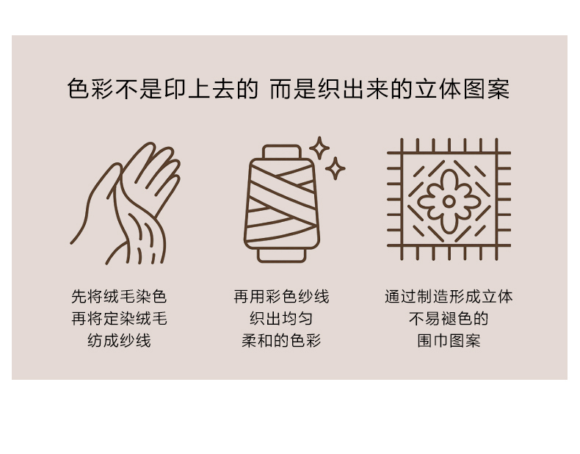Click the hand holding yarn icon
pyautogui.click(x=126, y=203)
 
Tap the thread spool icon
pyautogui.click(x=282, y=203)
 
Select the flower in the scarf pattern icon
pyautogui.click(x=449, y=201)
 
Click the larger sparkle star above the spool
pyautogui.click(x=319, y=148)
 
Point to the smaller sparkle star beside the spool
pyautogui.click(x=335, y=169)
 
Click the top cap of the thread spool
pyautogui.click(x=282, y=152)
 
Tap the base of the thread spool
pyautogui.click(x=282, y=256)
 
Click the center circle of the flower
pyautogui.click(x=449, y=201)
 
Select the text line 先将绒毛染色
pyautogui.click(x=119, y=296)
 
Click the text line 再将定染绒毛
pyautogui.click(x=119, y=319)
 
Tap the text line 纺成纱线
pyautogui.click(x=119, y=341)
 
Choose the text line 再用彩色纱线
pyautogui.click(x=281, y=296)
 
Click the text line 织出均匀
pyautogui.click(x=281, y=319)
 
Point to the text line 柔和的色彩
pyautogui.click(x=281, y=341)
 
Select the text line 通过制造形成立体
pyautogui.click(x=449, y=296)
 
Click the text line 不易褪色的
pyautogui.click(x=449, y=319)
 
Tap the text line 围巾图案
pyautogui.click(x=449, y=341)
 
